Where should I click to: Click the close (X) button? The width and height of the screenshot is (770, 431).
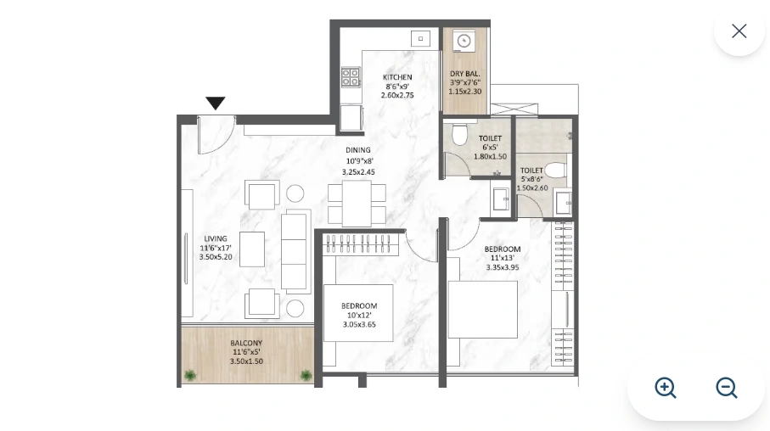pyautogui.click(x=739, y=31)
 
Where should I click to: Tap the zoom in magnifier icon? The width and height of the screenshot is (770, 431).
pyautogui.click(x=666, y=388)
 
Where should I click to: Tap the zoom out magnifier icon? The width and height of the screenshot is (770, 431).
pyautogui.click(x=727, y=388)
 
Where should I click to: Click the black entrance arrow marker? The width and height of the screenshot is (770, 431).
pyautogui.click(x=216, y=103)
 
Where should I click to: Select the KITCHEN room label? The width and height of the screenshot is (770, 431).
pyautogui.click(x=397, y=77)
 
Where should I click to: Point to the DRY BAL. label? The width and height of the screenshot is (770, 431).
pyautogui.click(x=464, y=74)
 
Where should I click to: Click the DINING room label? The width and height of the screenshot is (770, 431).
pyautogui.click(x=358, y=151)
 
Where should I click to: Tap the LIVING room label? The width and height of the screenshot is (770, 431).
pyautogui.click(x=216, y=239)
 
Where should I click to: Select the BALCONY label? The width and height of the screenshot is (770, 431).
pyautogui.click(x=246, y=344)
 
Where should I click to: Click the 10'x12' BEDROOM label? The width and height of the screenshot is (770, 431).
pyautogui.click(x=359, y=306)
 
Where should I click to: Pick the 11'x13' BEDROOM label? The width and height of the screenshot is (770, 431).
pyautogui.click(x=502, y=249)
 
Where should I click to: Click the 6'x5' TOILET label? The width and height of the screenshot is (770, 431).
pyautogui.click(x=490, y=138)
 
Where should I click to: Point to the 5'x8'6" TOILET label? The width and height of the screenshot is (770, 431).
pyautogui.click(x=531, y=171)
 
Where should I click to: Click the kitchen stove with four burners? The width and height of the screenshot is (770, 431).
pyautogui.click(x=351, y=77)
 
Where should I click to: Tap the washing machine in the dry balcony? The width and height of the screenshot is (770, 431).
pyautogui.click(x=464, y=41)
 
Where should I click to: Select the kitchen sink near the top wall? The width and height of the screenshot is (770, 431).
pyautogui.click(x=420, y=39)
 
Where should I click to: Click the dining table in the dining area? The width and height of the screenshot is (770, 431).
pyautogui.click(x=357, y=204)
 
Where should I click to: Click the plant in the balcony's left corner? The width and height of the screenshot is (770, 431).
pyautogui.click(x=190, y=375)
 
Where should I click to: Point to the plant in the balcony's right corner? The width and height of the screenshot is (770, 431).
pyautogui.click(x=306, y=375)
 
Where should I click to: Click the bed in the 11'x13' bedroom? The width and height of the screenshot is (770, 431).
pyautogui.click(x=482, y=310)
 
